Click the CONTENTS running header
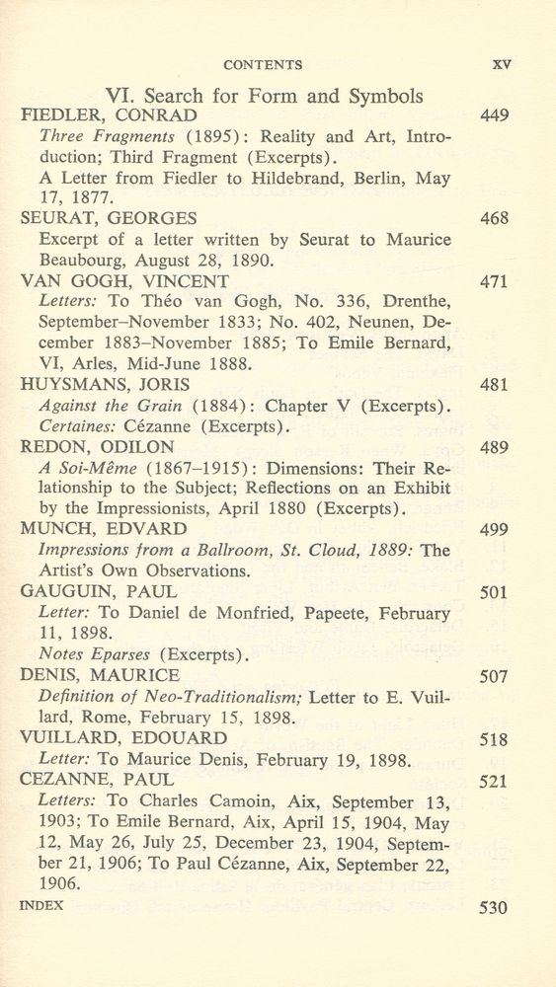click(263, 65)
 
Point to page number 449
click(494, 116)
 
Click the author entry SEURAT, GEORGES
click(109, 219)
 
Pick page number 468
click(494, 219)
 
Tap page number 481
click(494, 385)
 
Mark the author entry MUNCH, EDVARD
click(103, 530)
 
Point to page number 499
click(494, 530)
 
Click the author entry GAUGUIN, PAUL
click(99, 592)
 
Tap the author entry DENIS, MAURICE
click(100, 676)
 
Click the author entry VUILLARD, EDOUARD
click(123, 738)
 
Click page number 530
click(494, 905)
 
